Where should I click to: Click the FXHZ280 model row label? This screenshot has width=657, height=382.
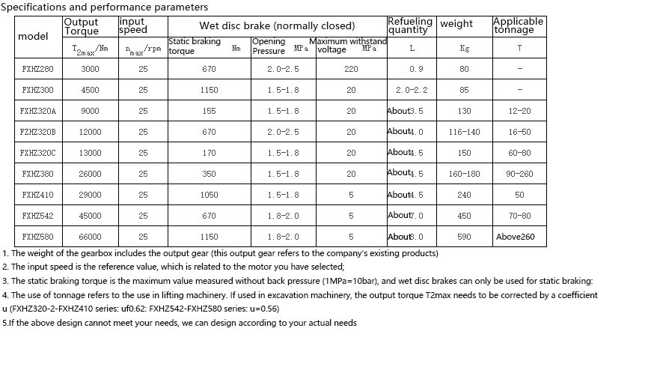pyautogui.click(x=37, y=69)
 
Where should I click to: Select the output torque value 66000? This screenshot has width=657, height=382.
pyautogui.click(x=90, y=237)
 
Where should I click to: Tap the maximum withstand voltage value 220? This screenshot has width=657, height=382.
pyautogui.click(x=351, y=69)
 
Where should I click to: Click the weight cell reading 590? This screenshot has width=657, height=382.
pyautogui.click(x=464, y=237)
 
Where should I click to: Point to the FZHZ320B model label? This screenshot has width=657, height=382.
pyautogui.click(x=37, y=132)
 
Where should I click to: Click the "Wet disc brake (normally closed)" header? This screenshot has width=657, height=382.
pyautogui.click(x=277, y=26)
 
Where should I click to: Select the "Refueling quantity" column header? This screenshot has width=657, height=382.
pyautogui.click(x=410, y=25)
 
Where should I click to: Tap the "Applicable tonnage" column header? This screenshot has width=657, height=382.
pyautogui.click(x=518, y=25)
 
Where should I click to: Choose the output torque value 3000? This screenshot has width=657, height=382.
pyautogui.click(x=90, y=69)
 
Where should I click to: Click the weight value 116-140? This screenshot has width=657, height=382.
pyautogui.click(x=464, y=132)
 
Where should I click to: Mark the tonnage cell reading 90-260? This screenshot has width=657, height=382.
pyautogui.click(x=519, y=174)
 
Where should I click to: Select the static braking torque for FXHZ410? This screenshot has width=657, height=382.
pyautogui.click(x=209, y=195)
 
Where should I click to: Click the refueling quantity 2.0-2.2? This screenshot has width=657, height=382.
pyautogui.click(x=412, y=90)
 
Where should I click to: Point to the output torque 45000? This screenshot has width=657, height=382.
pyautogui.click(x=90, y=216)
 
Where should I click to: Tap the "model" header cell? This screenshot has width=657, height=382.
pyautogui.click(x=32, y=36)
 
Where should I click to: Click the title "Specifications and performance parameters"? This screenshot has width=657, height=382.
pyautogui.click(x=105, y=7)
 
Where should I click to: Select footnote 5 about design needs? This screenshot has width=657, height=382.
pyautogui.click(x=180, y=323)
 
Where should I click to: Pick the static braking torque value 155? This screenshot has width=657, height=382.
pyautogui.click(x=209, y=111)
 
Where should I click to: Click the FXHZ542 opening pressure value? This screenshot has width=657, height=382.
pyautogui.click(x=283, y=216)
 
